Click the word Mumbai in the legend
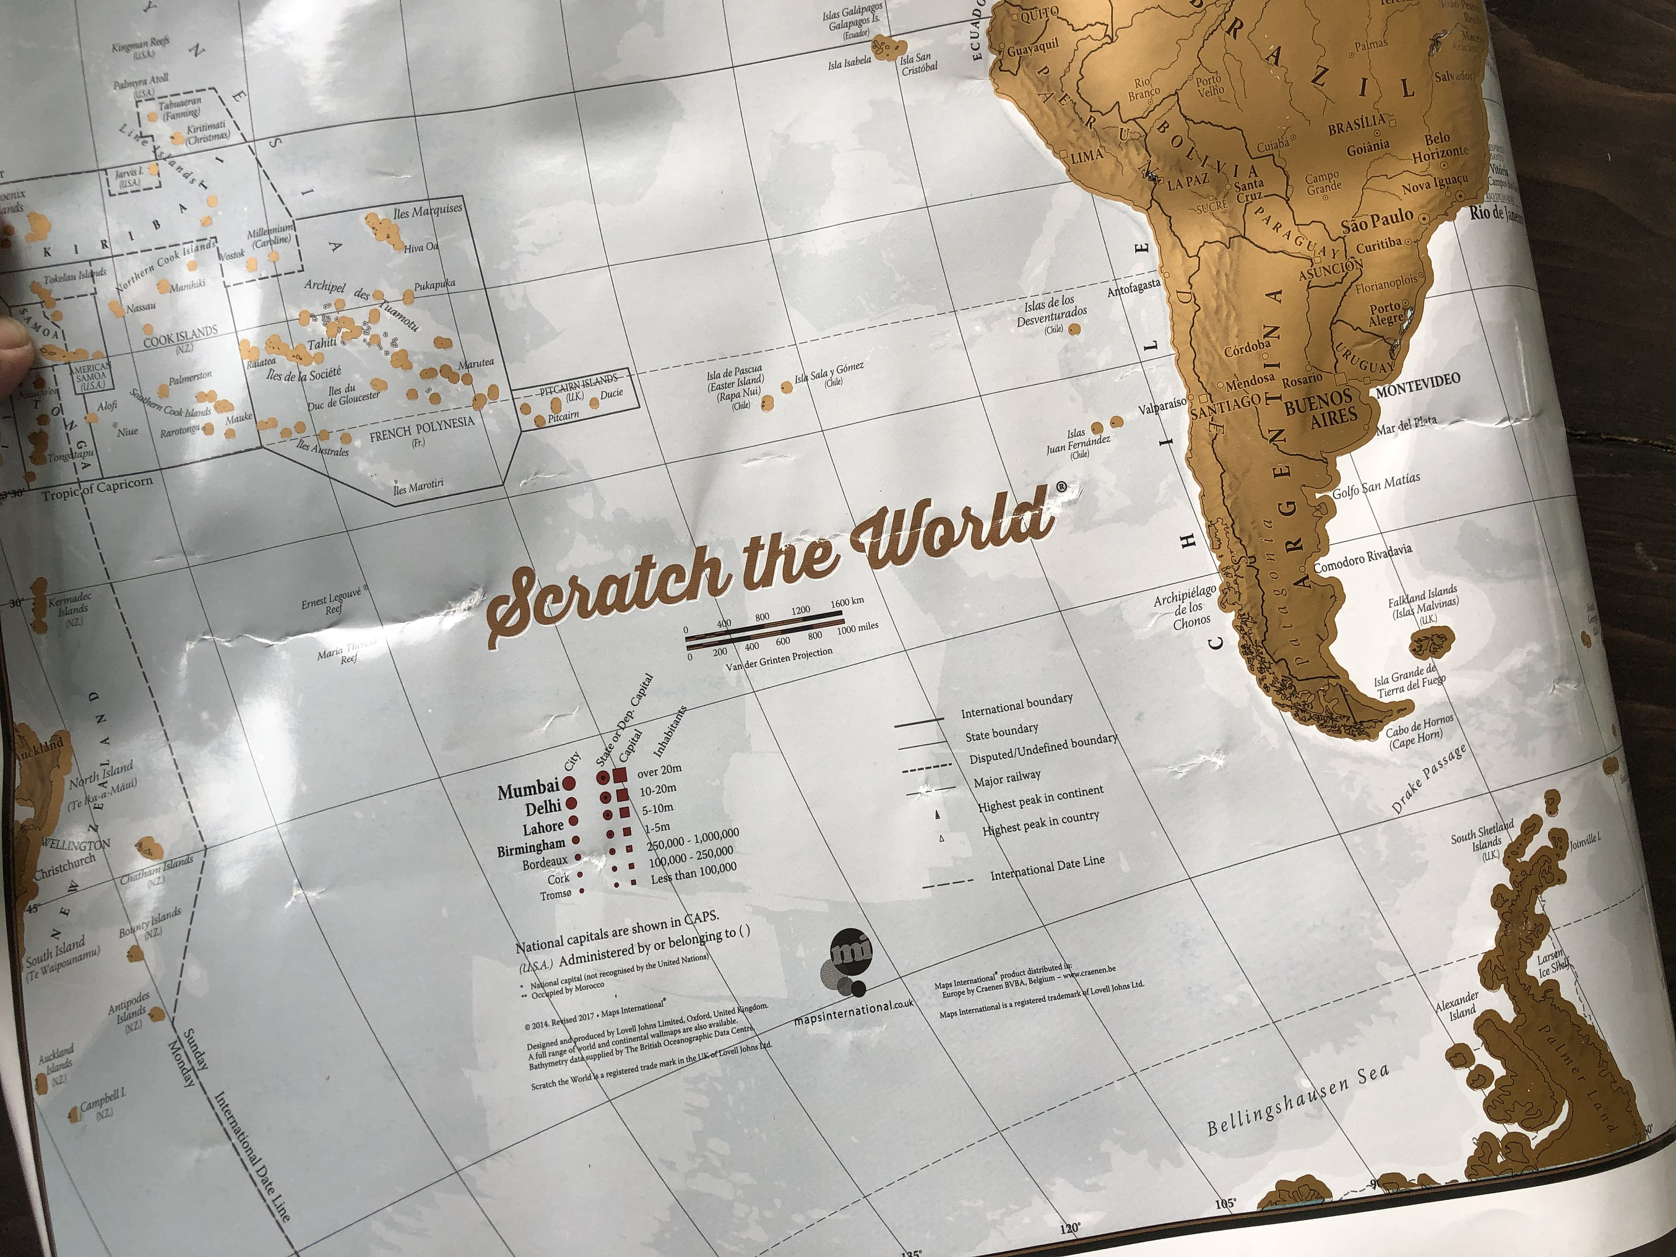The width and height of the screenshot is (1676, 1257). click(528, 791)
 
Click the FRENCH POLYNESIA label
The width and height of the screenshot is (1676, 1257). click(421, 429)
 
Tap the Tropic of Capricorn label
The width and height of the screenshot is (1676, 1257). click(97, 489)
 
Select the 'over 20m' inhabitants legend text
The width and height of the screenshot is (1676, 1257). click(659, 770)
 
